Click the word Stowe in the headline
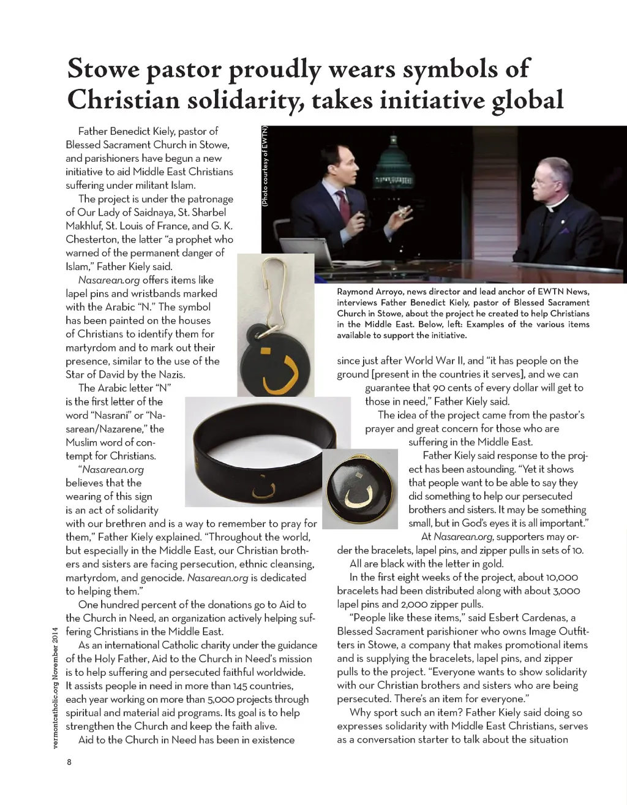(x=103, y=69)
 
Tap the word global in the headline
(x=528, y=100)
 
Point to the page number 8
(x=69, y=762)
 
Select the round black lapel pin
(x=359, y=489)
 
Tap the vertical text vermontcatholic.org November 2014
(x=55, y=687)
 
